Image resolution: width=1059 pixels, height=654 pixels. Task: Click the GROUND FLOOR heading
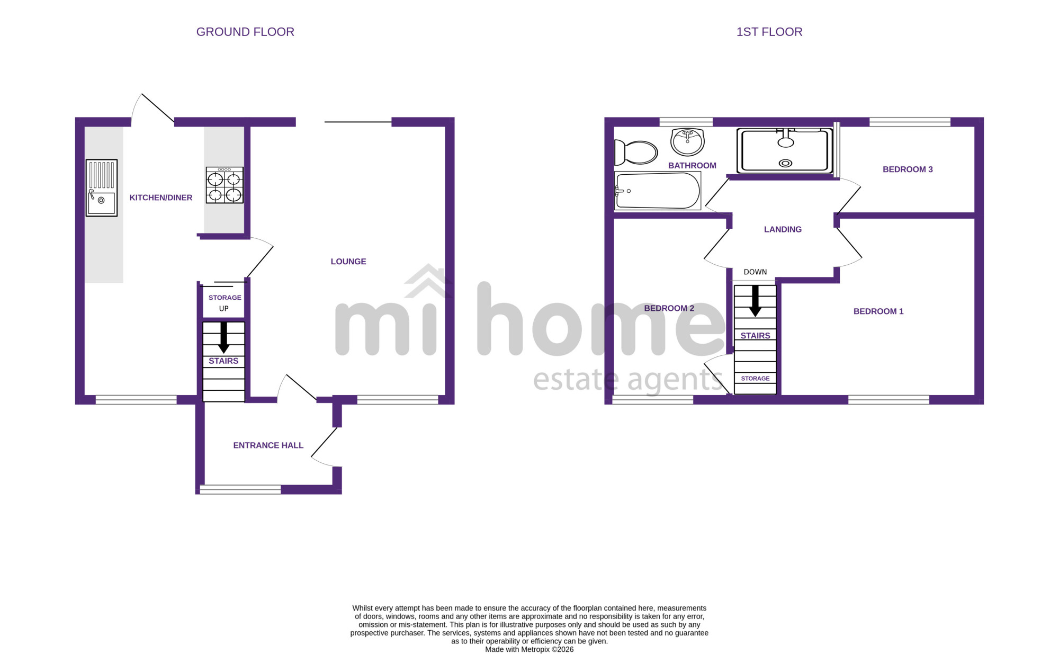[x=245, y=32]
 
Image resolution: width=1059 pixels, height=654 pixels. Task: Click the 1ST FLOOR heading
[x=769, y=32]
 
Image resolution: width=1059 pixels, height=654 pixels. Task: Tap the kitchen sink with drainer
[x=102, y=188]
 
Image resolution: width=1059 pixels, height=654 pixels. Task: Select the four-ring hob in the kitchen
[x=225, y=185]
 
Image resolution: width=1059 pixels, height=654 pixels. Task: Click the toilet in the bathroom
[x=635, y=153]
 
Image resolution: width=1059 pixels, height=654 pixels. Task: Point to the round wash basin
[x=687, y=141]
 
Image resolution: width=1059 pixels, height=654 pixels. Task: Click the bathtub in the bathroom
[x=658, y=191]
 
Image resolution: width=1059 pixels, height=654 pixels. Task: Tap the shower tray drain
[x=786, y=163]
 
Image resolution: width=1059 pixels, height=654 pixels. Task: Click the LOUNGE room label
[x=348, y=262]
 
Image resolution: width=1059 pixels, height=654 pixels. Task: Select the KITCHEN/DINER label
[x=161, y=198]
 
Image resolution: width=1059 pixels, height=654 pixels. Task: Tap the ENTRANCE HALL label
[x=268, y=445]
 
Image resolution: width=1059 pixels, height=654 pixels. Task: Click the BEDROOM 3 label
[x=908, y=169]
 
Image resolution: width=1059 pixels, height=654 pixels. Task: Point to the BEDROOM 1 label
[x=878, y=311]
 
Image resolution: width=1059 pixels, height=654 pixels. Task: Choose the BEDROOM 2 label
[x=669, y=308]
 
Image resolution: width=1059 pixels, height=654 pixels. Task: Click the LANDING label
[x=783, y=229]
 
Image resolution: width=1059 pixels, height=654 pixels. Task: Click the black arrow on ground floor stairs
[x=223, y=337]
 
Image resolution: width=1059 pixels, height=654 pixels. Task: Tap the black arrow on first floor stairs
[x=755, y=301]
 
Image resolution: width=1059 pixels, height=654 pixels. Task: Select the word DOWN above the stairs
[x=755, y=272]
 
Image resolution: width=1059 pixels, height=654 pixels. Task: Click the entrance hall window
[x=240, y=490]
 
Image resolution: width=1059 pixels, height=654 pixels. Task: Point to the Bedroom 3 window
[x=910, y=122]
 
